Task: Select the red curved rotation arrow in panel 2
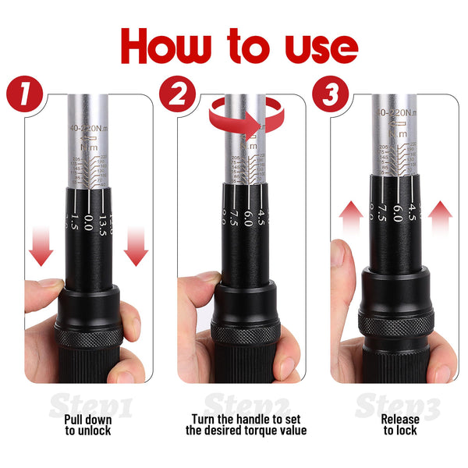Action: click(x=246, y=119)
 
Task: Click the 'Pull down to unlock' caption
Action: click(x=87, y=424)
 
